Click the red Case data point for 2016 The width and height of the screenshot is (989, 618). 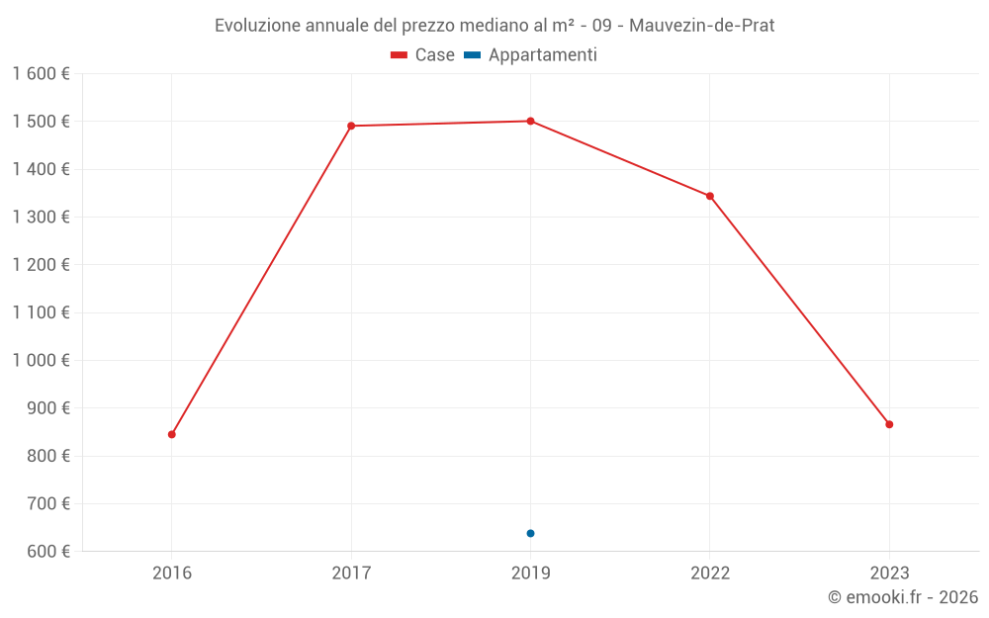(172, 434)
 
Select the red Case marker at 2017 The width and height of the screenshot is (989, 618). (351, 126)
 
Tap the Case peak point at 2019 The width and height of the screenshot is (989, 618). (530, 121)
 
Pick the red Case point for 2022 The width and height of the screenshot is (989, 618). (710, 196)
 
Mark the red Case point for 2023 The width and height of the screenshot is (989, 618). (889, 424)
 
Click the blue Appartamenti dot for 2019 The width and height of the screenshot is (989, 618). (530, 533)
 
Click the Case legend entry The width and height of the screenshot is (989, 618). (422, 55)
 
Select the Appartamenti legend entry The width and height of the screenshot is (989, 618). (530, 55)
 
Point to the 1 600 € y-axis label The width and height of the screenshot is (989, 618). (41, 74)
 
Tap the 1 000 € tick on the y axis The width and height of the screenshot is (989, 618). (41, 361)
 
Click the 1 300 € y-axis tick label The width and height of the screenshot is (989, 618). (41, 218)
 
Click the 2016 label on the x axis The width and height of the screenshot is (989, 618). (172, 574)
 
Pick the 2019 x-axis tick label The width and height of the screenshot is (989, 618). (530, 574)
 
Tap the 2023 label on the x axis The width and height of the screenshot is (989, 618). (889, 574)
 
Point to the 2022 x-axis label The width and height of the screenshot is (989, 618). (710, 574)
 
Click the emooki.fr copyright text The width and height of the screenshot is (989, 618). (903, 597)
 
